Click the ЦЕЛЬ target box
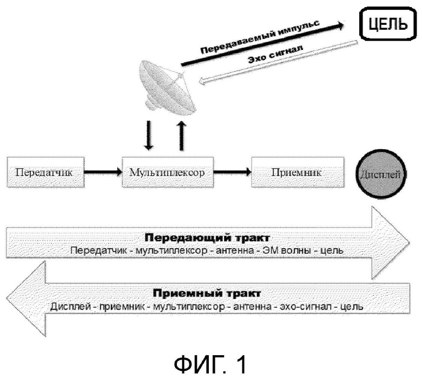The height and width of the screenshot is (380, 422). coord(387,24)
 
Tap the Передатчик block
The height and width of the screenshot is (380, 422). coord(45,172)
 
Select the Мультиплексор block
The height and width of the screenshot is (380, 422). coord(168,172)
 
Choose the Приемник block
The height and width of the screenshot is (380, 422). coord(298,172)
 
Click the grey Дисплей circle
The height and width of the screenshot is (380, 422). coord(380,174)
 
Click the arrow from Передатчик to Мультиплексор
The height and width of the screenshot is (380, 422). coord(103,172)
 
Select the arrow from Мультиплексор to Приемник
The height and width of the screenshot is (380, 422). coord(233,172)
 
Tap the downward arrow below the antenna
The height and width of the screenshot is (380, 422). coord(149,135)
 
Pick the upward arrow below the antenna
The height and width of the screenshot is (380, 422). coord(182,136)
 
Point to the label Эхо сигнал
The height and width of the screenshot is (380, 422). coord(275,54)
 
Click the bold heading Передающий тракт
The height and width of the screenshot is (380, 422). coord(207,238)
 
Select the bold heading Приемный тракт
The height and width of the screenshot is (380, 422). coord(207,293)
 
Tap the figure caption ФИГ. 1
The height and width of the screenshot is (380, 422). coord(210,364)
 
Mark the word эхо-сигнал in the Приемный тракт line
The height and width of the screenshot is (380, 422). coord(306,306)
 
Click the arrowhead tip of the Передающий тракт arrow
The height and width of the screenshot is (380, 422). coord(410,243)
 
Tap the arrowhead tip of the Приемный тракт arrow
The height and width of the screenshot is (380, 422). coord(6,298)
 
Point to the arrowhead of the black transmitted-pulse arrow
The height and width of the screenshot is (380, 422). coord(340,26)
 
